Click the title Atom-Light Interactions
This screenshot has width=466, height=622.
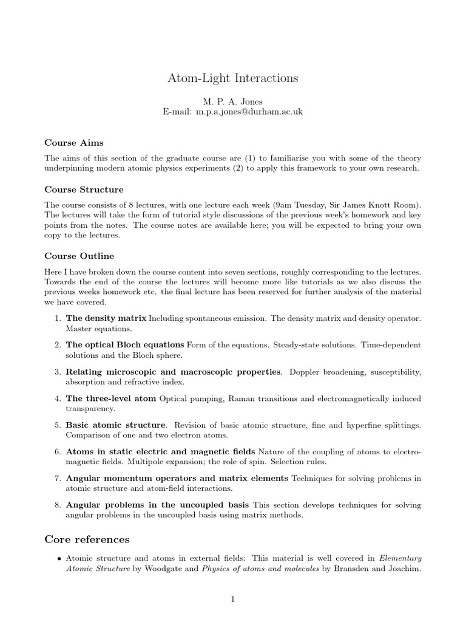pyautogui.click(x=233, y=79)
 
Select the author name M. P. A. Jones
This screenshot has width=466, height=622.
pyautogui.click(x=233, y=101)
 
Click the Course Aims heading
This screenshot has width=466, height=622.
pyautogui.click(x=73, y=143)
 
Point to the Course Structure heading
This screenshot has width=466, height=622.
pyautogui.click(x=84, y=190)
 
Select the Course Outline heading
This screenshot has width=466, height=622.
pyautogui.click(x=79, y=256)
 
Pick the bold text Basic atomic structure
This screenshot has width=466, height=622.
pyautogui.click(x=115, y=425)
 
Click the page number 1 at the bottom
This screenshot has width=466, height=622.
pyautogui.click(x=233, y=600)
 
